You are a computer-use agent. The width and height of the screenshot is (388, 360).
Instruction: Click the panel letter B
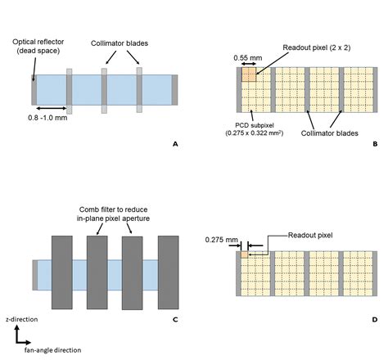pyautogui.click(x=374, y=143)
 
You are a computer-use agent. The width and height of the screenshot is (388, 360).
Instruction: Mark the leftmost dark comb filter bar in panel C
pyautogui.click(x=63, y=272)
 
